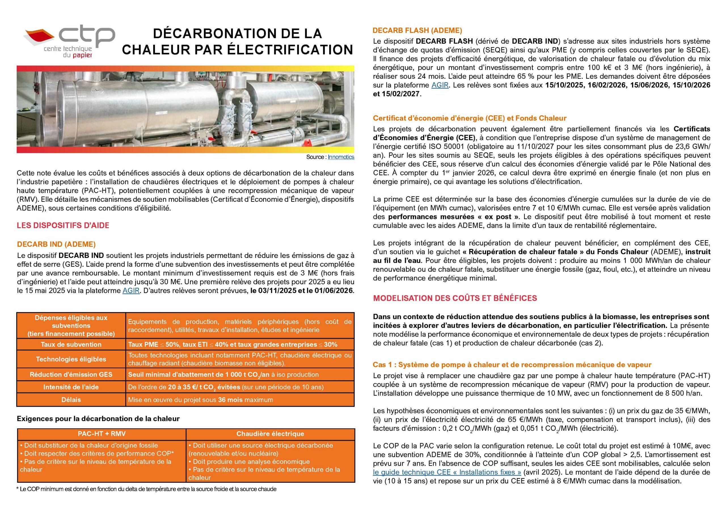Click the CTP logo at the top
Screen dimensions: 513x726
coord(69,42)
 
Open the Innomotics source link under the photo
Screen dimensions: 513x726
coord(341,157)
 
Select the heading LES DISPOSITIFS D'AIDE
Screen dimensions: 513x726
coord(63,225)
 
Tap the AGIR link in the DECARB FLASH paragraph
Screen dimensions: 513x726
coord(440,85)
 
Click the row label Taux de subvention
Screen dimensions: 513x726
coord(71,345)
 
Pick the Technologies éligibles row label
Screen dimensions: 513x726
coord(71,359)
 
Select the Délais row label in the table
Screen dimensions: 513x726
coord(71,400)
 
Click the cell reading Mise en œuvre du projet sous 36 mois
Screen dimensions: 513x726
coord(201,400)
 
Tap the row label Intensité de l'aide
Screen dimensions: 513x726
coord(71,387)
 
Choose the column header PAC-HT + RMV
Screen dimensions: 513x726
coord(102,434)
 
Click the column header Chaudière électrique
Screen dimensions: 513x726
coord(270,434)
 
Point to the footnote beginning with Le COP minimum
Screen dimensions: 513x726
coord(147,489)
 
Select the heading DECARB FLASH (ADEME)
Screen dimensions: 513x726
coord(417,30)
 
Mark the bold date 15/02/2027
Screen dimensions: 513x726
coord(401,94)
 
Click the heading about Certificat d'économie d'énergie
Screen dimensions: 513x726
coord(470,118)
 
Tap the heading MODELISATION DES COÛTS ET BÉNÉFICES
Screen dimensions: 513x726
coord(455,298)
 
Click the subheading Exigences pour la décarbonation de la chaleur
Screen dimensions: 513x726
coord(98,419)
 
